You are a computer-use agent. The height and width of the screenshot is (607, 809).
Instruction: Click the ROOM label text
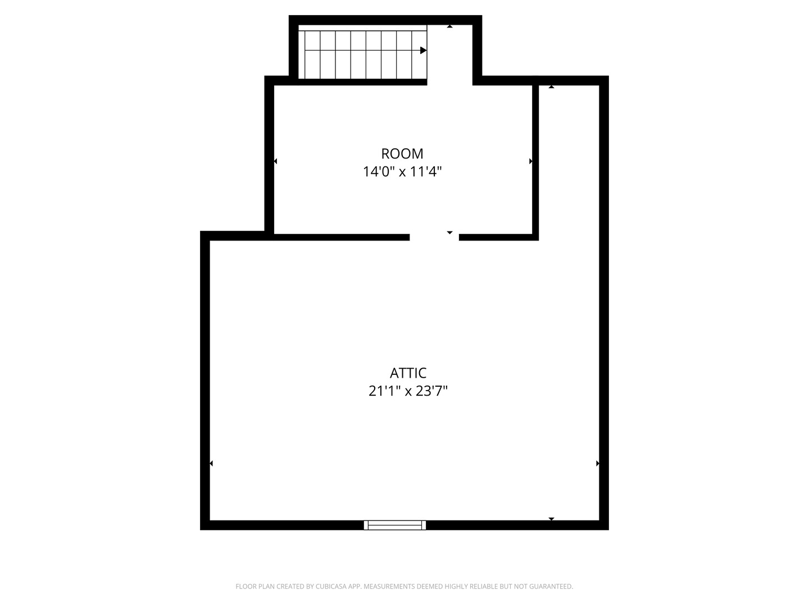click(x=402, y=153)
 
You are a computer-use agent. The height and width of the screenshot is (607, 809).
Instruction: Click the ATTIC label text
click(x=408, y=373)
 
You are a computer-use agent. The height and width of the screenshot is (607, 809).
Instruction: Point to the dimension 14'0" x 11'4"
click(x=402, y=172)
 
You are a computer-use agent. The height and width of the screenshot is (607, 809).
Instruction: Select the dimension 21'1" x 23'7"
click(x=408, y=391)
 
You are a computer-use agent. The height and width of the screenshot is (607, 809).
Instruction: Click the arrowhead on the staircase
click(x=424, y=50)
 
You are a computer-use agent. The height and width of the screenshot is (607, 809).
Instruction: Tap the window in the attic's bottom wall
click(x=395, y=525)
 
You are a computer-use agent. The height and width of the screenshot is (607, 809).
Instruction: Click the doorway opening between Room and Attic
click(x=434, y=237)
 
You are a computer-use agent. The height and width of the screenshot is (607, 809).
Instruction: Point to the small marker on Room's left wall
click(x=275, y=161)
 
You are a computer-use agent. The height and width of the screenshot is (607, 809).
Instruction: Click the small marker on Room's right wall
click(x=531, y=161)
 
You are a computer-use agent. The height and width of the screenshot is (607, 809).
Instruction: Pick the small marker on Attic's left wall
click(x=211, y=463)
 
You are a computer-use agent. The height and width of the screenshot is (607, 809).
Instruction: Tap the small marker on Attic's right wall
click(x=597, y=463)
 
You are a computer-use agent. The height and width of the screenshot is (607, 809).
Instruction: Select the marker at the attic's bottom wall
click(x=551, y=519)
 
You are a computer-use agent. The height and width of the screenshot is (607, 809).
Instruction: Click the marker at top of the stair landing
click(x=449, y=26)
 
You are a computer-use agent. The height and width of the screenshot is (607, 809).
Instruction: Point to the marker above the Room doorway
click(x=449, y=233)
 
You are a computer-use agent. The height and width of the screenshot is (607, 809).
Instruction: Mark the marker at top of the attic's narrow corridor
click(x=551, y=87)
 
